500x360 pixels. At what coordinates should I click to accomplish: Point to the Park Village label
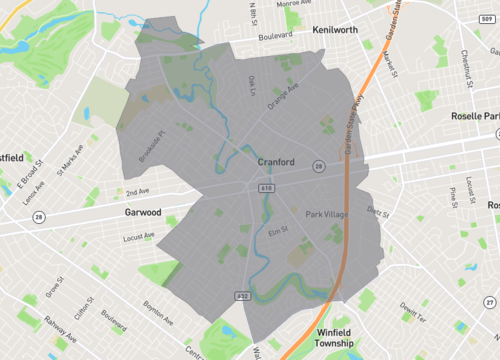click(x=327, y=215)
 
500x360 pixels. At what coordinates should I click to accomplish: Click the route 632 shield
click(x=242, y=296)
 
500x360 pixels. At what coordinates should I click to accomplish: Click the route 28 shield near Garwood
click(x=38, y=217)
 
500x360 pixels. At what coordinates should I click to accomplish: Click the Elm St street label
click(x=277, y=231)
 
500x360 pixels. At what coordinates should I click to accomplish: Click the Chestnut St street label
click(x=465, y=69)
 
